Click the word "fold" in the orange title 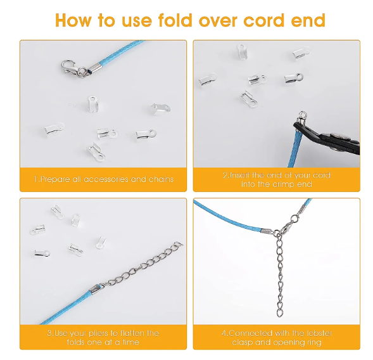point(175,20)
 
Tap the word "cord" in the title point(264,20)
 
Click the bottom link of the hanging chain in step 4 point(279,313)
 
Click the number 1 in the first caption point(36,179)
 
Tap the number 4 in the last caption point(224,333)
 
